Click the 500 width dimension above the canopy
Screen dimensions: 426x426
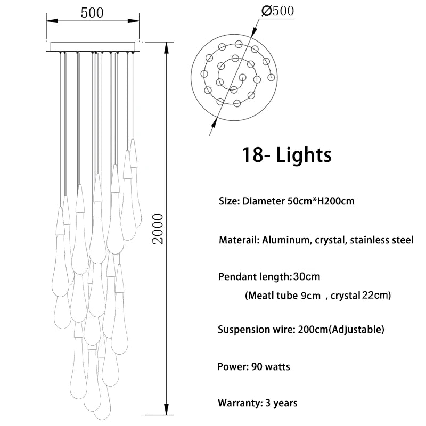pyautogui.click(x=92, y=13)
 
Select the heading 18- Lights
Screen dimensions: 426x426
pyautogui.click(x=286, y=154)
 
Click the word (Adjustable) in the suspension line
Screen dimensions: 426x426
pyautogui.click(x=356, y=330)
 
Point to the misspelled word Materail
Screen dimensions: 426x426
pyautogui.click(x=239, y=240)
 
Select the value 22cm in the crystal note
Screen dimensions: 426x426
pyautogui.click(x=376, y=295)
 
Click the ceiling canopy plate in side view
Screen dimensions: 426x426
pyautogui.click(x=92, y=46)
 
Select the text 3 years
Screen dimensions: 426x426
pyautogui.click(x=281, y=403)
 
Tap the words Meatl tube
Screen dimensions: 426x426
pyautogui.click(x=271, y=295)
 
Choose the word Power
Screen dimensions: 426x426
pyautogui.click(x=231, y=367)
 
